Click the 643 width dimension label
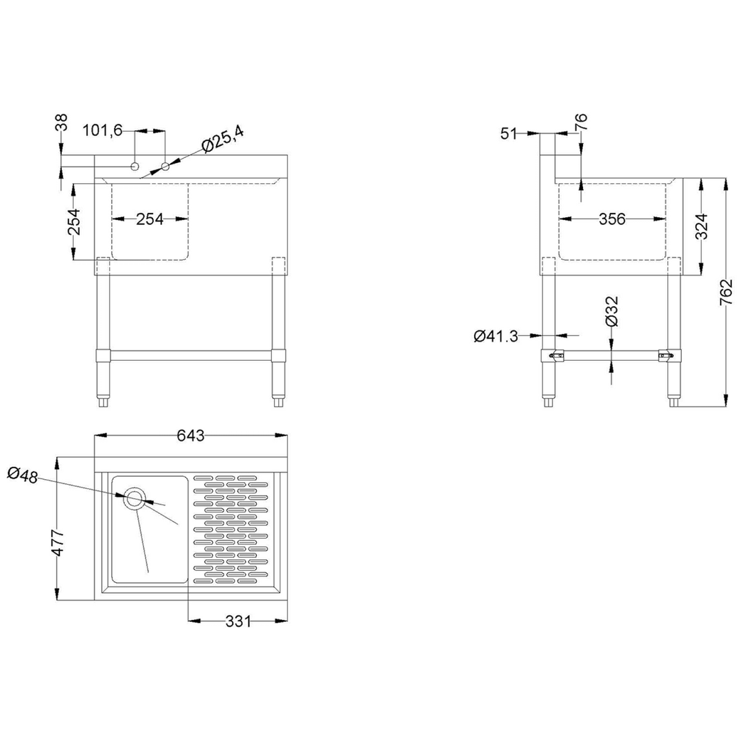tap(190, 436)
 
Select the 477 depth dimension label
tap(57, 542)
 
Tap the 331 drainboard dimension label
tap(238, 621)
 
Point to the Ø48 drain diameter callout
tap(23, 474)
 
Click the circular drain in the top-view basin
tap(134, 498)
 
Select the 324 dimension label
tap(701, 226)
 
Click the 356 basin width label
tap(612, 219)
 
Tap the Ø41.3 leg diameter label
tap(496, 335)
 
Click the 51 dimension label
tap(508, 133)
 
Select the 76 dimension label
tap(580, 122)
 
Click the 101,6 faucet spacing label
tap(103, 130)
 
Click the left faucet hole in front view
tap(135, 165)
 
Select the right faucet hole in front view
tap(165, 165)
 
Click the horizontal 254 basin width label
tap(150, 219)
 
